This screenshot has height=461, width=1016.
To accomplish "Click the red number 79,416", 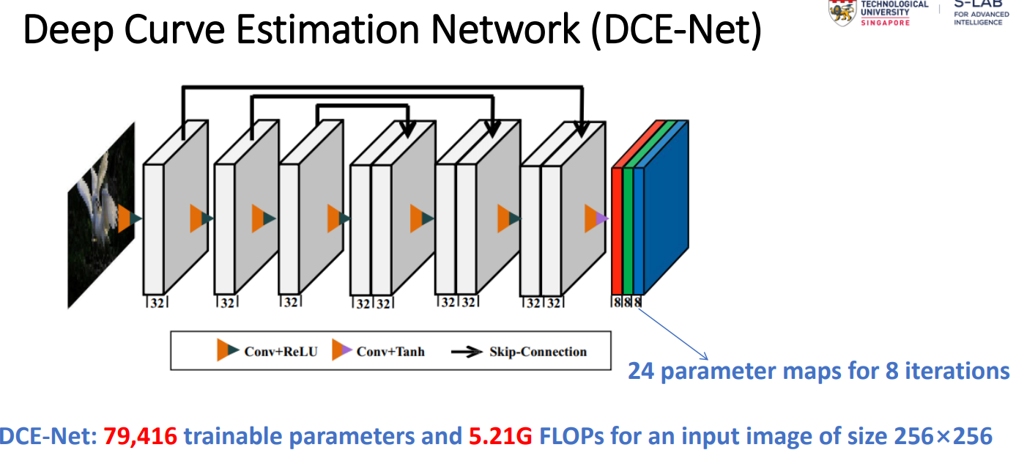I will point(140,437).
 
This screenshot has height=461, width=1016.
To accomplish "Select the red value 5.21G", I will point(500,437).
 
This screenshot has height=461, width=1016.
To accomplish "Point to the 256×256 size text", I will point(943,437).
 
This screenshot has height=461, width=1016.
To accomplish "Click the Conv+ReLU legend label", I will point(281,352).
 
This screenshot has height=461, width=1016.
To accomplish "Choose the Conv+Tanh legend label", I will point(390,352).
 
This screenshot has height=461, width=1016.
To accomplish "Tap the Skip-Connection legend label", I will point(538,352).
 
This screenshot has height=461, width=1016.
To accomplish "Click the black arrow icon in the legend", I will point(466,352).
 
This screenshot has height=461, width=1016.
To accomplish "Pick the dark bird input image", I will point(100,213).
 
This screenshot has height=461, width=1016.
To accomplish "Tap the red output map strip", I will point(617,227).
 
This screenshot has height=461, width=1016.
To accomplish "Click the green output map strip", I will point(628,227).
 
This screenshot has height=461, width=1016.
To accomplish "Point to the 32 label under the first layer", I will point(156,302).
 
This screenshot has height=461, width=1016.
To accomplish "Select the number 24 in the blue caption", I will point(642,371).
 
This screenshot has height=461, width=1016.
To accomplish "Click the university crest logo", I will point(840,11).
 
